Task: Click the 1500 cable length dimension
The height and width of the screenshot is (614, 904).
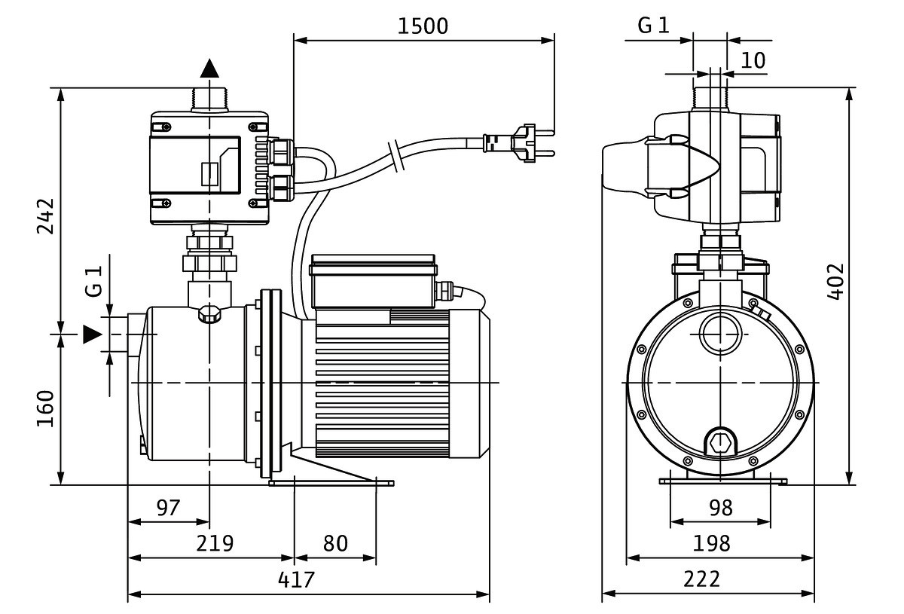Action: coord(423,26)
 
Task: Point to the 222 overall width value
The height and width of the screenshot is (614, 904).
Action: coord(702,579)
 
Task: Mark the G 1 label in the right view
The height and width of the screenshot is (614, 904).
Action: coord(653,26)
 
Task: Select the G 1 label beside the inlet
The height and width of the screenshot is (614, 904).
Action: coord(93,280)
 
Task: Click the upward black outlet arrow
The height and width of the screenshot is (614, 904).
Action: coord(209,69)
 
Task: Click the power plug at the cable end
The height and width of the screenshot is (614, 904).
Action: coord(520,142)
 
